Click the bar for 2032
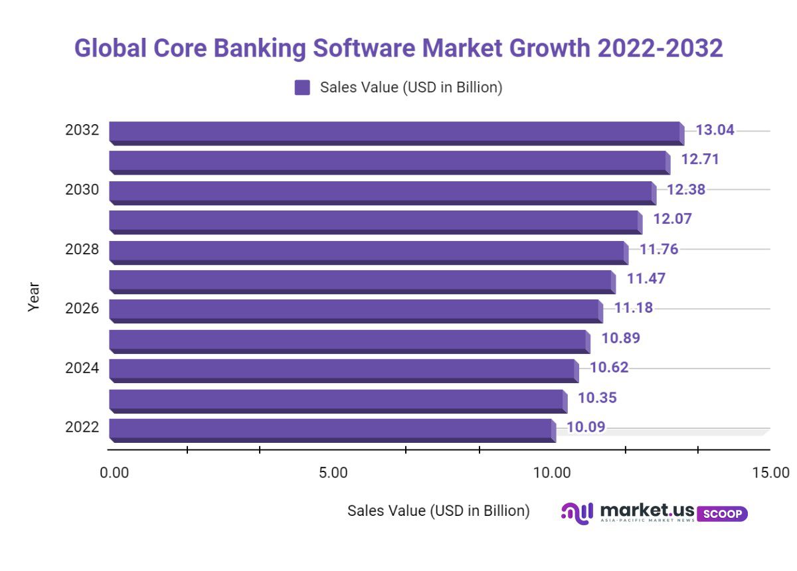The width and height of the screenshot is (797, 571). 395,132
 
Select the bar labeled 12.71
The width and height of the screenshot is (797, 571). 389,162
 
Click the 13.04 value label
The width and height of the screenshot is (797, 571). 715,130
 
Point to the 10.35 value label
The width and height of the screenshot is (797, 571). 597,398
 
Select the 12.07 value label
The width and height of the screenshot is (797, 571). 672,219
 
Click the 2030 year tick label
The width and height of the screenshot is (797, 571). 82,190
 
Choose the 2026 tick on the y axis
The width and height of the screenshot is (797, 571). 82,309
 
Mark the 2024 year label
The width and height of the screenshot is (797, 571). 82,368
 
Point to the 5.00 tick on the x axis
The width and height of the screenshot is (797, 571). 333,473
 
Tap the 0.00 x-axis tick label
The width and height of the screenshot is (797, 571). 114,473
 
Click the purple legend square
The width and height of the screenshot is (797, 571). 302,88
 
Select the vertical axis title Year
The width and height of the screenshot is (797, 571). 34,297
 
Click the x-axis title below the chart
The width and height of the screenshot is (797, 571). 438,511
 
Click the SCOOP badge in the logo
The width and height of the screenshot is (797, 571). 723,514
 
